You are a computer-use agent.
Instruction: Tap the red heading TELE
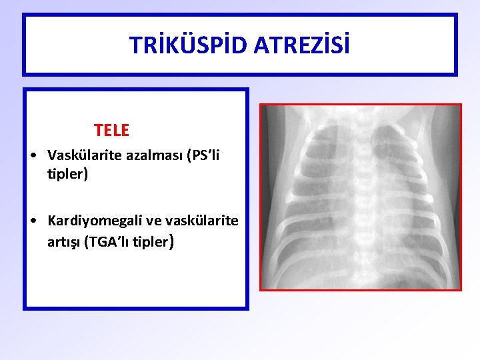tap(111, 130)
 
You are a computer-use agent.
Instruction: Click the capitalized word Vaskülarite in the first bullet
tap(81, 155)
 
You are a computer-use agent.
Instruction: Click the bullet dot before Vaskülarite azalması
tap(33, 156)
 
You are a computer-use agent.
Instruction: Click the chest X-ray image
tap(360, 197)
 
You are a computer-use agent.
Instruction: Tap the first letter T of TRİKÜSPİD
tap(134, 45)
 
